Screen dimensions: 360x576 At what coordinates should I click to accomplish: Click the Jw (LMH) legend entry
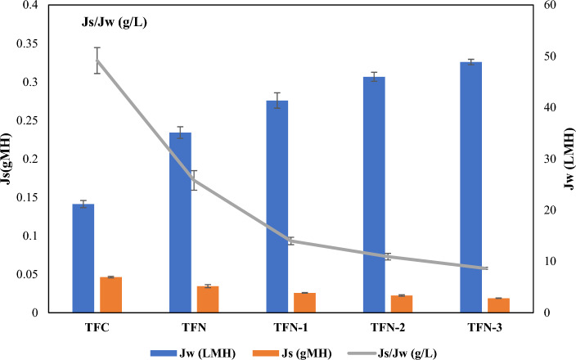[x=194, y=353]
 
